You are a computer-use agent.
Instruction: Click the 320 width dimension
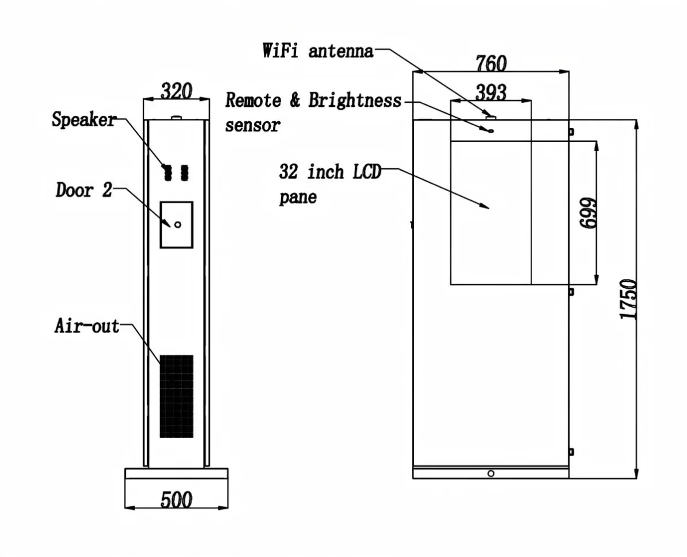coord(176,91)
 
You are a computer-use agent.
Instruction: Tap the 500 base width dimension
coord(176,500)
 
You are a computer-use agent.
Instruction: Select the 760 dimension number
coord(491,63)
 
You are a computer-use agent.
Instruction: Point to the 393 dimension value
coord(491,93)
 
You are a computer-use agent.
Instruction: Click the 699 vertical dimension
coord(588,213)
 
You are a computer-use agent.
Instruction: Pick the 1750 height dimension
coord(628,299)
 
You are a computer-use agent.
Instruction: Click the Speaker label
coord(84,119)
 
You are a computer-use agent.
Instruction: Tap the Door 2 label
coord(84,190)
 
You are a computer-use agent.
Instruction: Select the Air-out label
coord(87,326)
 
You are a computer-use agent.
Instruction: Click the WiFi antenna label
coord(318,51)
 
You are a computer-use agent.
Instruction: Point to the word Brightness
coord(355,100)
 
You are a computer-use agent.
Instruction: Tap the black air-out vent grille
coord(176,396)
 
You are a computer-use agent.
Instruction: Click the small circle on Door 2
coord(178,225)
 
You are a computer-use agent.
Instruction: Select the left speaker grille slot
coord(167,173)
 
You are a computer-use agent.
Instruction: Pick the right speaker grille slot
coord(185,173)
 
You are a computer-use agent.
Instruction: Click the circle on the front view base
coord(491,473)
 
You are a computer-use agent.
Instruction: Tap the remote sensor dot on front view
coord(491,130)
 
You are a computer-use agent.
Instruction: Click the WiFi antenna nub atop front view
coord(491,117)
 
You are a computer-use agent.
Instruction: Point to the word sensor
coord(252,125)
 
